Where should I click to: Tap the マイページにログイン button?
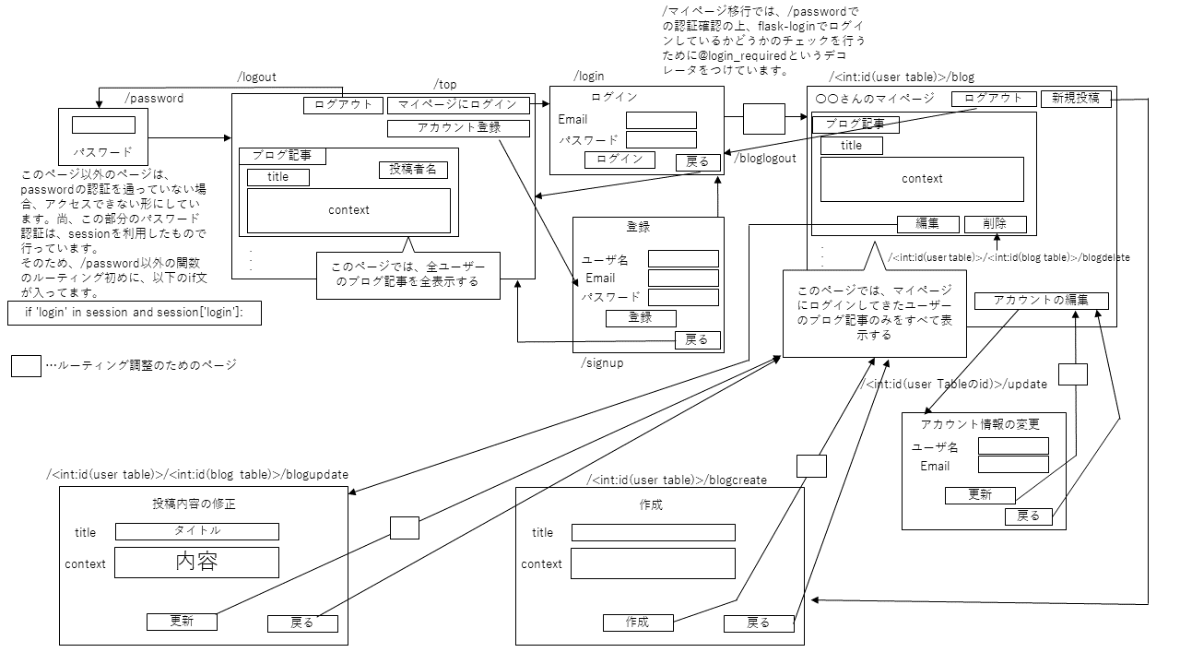coord(458,105)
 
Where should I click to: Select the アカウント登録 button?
coord(458,128)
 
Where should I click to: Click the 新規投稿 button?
coord(1075,99)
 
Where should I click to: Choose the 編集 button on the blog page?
coord(927,223)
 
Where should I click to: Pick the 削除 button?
coord(995,223)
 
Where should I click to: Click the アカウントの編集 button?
coord(1041,300)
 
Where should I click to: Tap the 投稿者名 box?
coord(412,170)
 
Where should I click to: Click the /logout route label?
coord(256,77)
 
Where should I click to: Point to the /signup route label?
coord(602,362)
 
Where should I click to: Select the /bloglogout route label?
coord(765,159)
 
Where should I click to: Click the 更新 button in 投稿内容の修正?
coord(182,621)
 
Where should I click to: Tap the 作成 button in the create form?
coord(637,622)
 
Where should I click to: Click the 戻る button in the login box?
coord(698,161)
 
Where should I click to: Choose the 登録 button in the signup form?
coord(641,317)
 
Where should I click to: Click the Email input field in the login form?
coord(661,120)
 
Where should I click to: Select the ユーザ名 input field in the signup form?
coord(683,259)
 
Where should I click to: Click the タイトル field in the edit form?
coord(196,531)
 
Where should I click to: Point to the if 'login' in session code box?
coord(135,313)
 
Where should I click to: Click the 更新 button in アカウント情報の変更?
coord(980,495)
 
